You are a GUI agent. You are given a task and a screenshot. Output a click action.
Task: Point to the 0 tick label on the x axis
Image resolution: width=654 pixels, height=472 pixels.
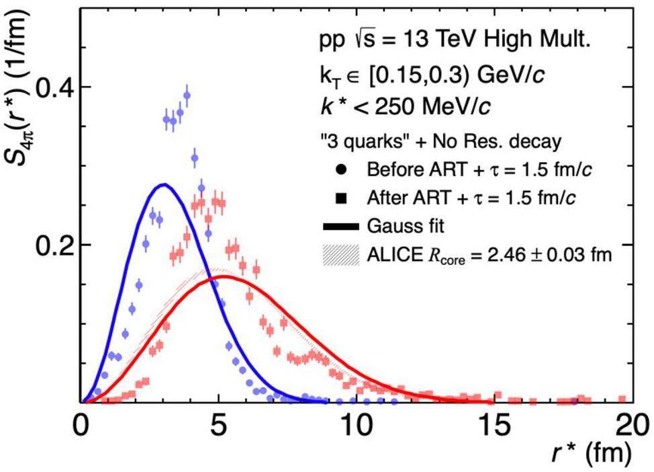[x=81, y=426]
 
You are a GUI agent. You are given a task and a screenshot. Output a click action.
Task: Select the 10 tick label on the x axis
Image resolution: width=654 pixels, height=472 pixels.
[x=355, y=426]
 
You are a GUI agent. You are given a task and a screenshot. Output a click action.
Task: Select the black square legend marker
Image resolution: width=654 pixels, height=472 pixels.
[x=340, y=198]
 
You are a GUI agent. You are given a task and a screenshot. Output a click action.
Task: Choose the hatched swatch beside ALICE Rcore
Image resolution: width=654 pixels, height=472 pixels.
[x=340, y=254]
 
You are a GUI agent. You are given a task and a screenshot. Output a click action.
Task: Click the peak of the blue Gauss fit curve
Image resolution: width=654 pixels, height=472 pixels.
[x=163, y=184]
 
